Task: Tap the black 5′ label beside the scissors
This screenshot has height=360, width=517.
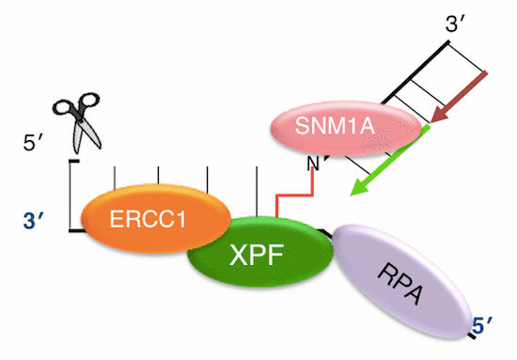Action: coord(35,143)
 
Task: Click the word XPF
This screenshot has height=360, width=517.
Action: coord(259,255)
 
